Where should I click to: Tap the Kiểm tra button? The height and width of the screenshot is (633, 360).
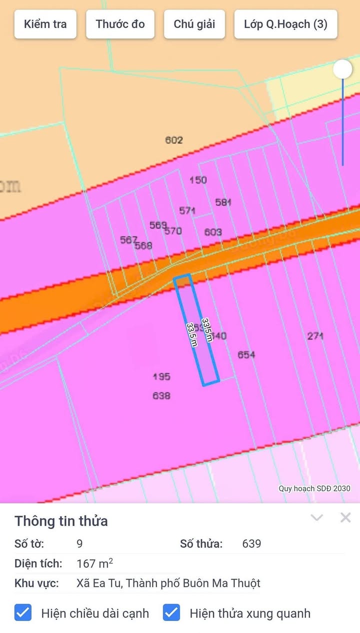pos(45,24)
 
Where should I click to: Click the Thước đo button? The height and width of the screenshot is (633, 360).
pos(120,24)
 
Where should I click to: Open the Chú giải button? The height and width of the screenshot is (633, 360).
pos(194,24)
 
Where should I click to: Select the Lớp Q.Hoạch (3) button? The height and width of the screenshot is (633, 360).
pos(285,24)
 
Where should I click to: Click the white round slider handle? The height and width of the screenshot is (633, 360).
pos(342,69)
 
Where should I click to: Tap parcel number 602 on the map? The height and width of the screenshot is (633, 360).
pos(174,140)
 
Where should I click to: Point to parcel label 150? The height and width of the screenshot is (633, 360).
pos(198,180)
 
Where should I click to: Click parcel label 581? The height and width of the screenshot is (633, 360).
pos(223,202)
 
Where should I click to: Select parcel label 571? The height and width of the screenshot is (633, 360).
pos(187,210)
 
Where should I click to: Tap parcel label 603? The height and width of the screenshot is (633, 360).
pos(213,232)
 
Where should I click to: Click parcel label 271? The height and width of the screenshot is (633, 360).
pos(315,336)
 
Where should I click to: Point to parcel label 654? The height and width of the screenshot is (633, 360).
pos(246,354)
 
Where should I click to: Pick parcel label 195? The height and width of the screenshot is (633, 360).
pos(161,376)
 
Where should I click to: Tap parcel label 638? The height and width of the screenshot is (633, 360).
pos(161,395)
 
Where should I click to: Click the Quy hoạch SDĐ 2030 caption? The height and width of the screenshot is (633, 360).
pos(314,488)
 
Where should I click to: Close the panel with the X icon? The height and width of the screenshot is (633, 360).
pos(345,517)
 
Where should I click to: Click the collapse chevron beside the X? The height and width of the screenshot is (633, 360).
pos(317,517)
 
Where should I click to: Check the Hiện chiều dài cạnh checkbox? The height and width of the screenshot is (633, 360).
pos(23,613)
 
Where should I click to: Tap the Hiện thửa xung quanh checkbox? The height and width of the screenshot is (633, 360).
pos(171,613)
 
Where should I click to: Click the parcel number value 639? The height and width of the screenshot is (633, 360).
pos(251,543)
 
